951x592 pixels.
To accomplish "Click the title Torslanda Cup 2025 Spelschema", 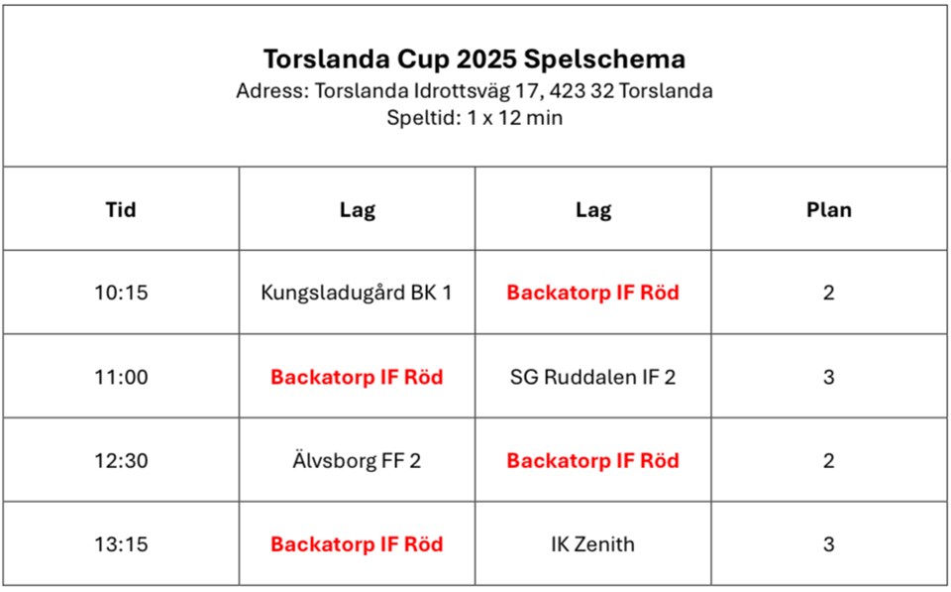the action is (x=475, y=59).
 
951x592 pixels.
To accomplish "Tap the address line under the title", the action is (x=475, y=91).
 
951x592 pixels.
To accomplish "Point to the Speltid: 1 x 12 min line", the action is (x=475, y=117).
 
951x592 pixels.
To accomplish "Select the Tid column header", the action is (x=121, y=209).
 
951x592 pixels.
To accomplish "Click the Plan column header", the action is (x=829, y=209).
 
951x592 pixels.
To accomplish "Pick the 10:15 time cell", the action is (x=121, y=293).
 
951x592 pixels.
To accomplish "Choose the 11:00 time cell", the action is (x=121, y=377).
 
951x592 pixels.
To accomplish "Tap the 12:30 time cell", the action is (x=121, y=461).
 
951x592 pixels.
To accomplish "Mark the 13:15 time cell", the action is (x=121, y=544).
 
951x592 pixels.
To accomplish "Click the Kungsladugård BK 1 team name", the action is (x=357, y=293).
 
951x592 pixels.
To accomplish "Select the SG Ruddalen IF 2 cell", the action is (x=592, y=377).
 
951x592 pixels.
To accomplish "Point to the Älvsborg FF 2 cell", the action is (x=357, y=460).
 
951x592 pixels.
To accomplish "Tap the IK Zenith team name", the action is (x=592, y=544).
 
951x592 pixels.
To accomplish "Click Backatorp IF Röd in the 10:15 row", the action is (x=592, y=293).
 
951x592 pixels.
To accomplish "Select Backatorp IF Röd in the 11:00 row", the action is (x=357, y=377).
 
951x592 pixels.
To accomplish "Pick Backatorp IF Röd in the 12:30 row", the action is (x=592, y=461).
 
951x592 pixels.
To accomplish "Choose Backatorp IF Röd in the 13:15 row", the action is (x=357, y=544).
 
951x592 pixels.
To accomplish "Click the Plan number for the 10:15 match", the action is (x=828, y=293).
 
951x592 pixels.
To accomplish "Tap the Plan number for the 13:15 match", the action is (x=828, y=544).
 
